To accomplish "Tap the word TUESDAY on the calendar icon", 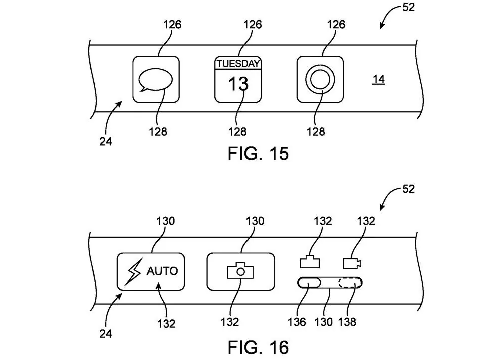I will (x=238, y=64).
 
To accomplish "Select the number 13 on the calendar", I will (x=238, y=84).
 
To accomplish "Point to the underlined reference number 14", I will (x=379, y=79).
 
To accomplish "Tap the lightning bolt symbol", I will (x=134, y=271).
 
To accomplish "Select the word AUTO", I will (x=162, y=271).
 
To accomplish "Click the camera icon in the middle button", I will (x=240, y=271).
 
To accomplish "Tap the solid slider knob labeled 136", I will (x=309, y=284).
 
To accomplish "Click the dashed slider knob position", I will (x=349, y=284).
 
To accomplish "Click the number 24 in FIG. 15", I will (x=105, y=141).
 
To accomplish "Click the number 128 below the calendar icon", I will (x=237, y=131).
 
